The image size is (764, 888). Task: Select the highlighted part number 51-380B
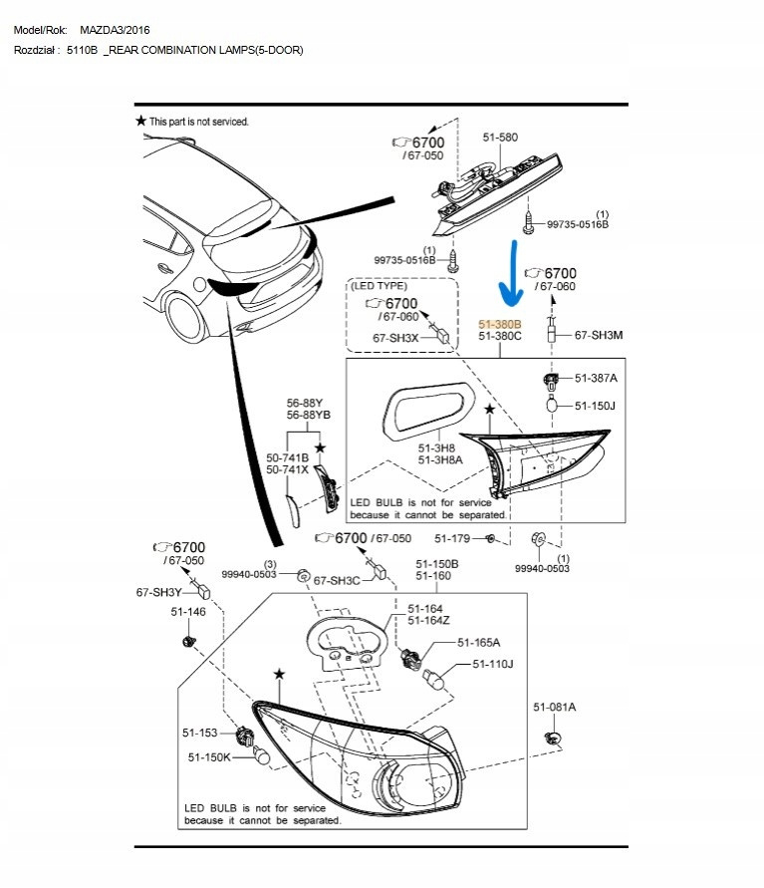pyautogui.click(x=499, y=324)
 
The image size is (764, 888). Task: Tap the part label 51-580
pyautogui.click(x=500, y=138)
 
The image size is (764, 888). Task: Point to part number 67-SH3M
pyautogui.click(x=599, y=336)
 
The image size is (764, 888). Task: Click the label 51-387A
pyautogui.click(x=596, y=379)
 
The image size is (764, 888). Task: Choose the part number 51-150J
pyautogui.click(x=596, y=406)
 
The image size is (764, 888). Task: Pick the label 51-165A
pyautogui.click(x=478, y=642)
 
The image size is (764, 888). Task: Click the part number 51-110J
pyautogui.click(x=493, y=664)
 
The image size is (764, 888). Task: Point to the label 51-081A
pyautogui.click(x=554, y=707)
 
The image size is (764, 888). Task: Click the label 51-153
pyautogui.click(x=200, y=733)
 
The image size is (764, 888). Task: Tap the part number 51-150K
pyautogui.click(x=209, y=757)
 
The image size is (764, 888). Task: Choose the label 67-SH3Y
pyautogui.click(x=157, y=592)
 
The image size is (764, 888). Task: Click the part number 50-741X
pyautogui.click(x=287, y=469)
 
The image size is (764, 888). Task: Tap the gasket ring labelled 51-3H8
pyautogui.click(x=426, y=409)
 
